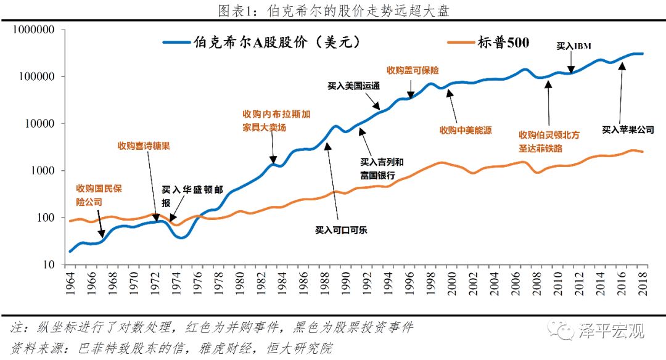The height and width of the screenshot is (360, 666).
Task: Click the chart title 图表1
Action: click(x=333, y=10)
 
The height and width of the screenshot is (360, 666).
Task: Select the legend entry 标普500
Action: click(x=503, y=43)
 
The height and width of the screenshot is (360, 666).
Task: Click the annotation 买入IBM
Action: click(x=574, y=46)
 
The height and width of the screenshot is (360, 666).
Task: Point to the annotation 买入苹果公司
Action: click(x=628, y=129)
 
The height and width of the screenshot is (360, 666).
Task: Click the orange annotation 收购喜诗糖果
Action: click(x=143, y=146)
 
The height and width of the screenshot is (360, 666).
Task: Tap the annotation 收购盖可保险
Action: click(x=413, y=70)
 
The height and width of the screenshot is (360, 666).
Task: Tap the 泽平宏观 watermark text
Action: click(x=610, y=331)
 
